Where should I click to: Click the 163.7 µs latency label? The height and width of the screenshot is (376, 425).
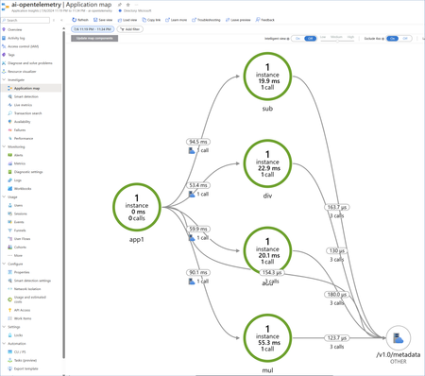337,206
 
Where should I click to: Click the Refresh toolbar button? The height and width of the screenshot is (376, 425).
81,19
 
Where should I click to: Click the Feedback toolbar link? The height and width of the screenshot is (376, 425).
264,19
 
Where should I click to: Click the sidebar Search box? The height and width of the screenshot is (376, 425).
28,20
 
